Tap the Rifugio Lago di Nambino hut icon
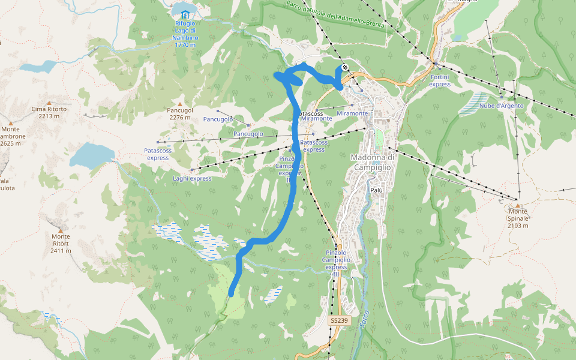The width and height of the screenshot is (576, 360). (185, 13)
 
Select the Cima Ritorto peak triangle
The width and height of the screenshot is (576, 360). (49, 102)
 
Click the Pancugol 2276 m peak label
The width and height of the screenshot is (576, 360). (180, 114)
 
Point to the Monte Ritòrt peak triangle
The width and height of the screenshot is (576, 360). (61, 229)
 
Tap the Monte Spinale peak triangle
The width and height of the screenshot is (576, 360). (517, 205)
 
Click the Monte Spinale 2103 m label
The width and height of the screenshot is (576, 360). (517, 215)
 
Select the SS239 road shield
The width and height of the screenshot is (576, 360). (338, 321)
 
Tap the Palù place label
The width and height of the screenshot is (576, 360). (376, 190)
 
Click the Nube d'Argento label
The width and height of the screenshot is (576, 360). (502, 106)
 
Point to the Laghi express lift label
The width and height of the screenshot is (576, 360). (192, 178)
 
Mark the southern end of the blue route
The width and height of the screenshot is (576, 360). (231, 293)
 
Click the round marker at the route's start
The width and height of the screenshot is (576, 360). (345, 68)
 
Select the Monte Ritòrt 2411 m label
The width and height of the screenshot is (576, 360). (61, 243)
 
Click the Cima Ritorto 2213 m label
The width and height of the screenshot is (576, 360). (49, 113)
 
